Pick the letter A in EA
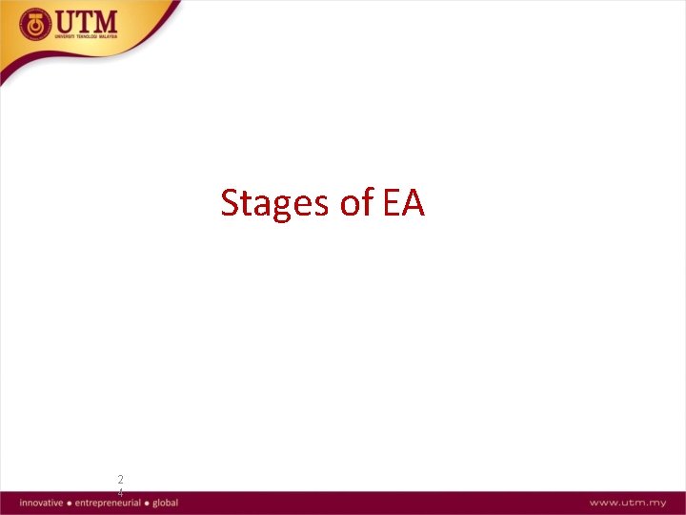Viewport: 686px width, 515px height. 414,203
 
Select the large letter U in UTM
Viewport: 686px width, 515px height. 69,22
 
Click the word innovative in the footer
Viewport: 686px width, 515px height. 41,503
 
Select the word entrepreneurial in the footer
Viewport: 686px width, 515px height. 108,503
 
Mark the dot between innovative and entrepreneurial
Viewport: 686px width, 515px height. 70,503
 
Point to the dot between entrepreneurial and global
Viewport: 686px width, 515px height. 147,503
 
